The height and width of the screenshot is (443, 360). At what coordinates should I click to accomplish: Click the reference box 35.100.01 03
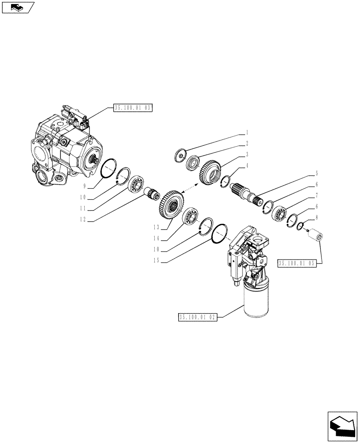point(133,108)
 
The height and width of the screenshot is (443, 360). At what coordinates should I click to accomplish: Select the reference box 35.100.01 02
point(197,317)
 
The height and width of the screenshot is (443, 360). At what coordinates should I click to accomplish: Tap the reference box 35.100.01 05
point(297,263)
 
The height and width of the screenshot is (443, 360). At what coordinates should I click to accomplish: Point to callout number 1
point(247,132)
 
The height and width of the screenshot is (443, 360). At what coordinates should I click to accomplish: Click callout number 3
point(247,154)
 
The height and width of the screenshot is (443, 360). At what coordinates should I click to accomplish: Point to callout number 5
point(317,173)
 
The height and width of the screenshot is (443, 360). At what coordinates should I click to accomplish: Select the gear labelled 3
point(210,171)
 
